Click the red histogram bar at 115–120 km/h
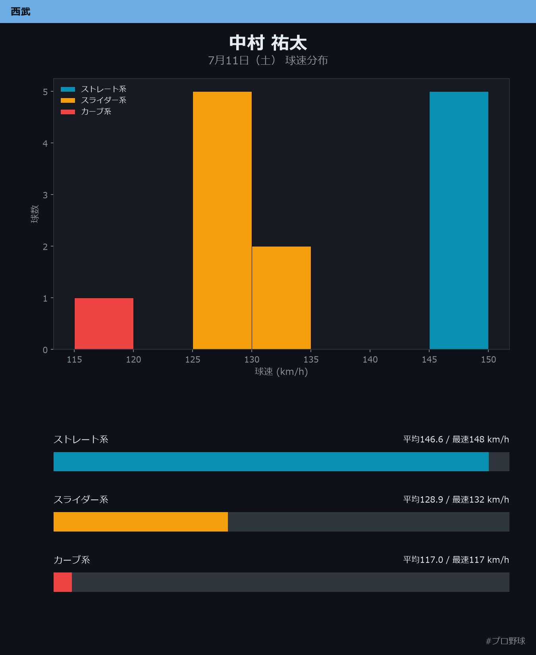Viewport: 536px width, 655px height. pos(104,324)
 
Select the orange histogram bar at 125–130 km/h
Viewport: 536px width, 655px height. pos(222,220)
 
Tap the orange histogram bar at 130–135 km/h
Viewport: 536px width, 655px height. pos(281,298)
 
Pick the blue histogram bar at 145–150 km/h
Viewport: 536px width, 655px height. pos(459,220)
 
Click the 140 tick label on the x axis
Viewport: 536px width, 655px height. pos(370,360)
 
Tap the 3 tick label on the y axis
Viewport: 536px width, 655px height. pos(45,195)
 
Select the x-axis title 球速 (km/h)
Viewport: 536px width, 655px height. pos(281,372)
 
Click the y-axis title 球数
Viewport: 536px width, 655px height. pos(35,214)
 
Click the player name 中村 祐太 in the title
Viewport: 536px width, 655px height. pos(268,43)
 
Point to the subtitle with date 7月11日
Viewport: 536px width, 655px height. pos(268,60)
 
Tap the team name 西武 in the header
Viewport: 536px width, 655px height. pos(21,12)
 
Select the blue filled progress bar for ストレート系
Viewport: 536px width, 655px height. pos(271,462)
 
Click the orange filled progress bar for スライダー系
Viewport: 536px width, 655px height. pos(141,522)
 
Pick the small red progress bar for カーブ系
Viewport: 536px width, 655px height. pos(63,582)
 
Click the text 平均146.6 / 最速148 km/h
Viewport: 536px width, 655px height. pos(456,439)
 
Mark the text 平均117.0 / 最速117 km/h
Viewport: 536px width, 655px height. pos(456,560)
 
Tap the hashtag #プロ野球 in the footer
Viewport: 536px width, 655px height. pos(505,641)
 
